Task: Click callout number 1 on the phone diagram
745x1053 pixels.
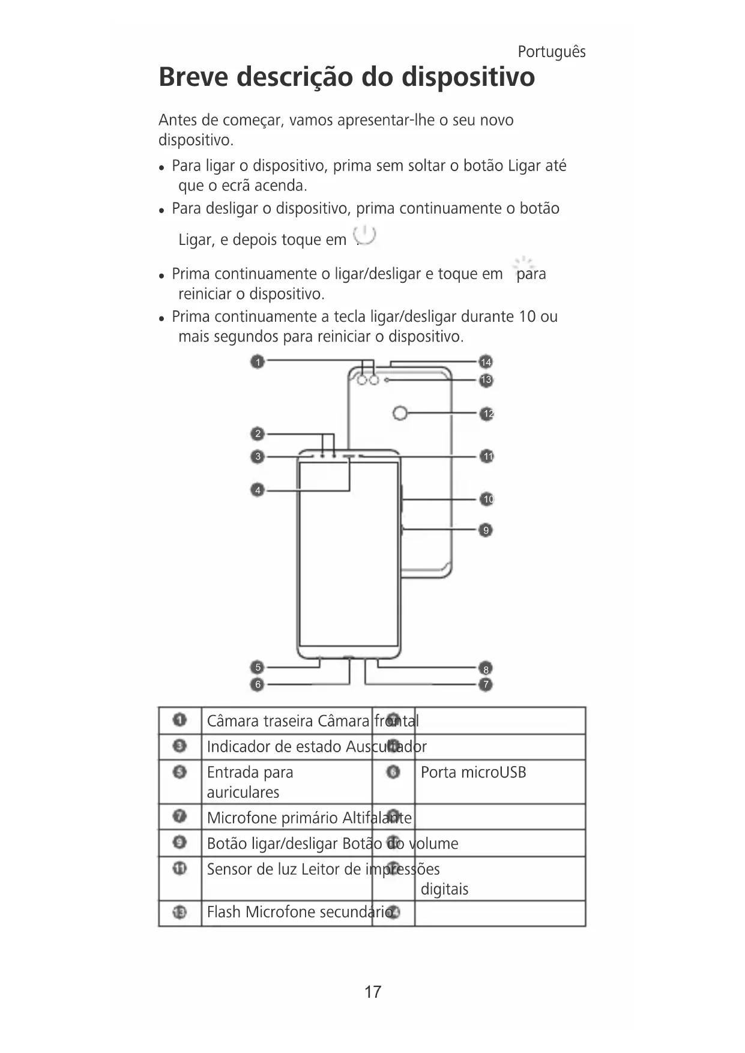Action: pos(258,362)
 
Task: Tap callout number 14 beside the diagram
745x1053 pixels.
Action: pos(486,362)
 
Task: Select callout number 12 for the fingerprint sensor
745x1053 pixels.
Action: pos(487,414)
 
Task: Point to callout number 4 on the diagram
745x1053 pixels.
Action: pos(258,490)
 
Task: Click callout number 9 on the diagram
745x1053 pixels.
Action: pos(486,530)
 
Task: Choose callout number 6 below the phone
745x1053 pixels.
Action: pos(258,684)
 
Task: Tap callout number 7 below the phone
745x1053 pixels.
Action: pos(486,684)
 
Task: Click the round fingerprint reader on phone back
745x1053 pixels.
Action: pos(400,413)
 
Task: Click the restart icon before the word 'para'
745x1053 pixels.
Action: pos(523,264)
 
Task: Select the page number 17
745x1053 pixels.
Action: pos(373,992)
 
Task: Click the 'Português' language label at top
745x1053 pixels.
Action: pos(551,52)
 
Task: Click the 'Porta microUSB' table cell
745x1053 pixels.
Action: pos(473,772)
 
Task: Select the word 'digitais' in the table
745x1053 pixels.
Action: pos(444,889)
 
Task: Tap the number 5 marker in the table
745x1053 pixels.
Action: pos(179,772)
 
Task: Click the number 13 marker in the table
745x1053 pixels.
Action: pos(179,913)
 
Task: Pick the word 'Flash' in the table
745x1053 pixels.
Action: pos(223,912)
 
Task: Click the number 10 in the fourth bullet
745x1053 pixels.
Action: pos(526,316)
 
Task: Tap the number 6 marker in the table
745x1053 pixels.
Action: pos(393,772)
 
